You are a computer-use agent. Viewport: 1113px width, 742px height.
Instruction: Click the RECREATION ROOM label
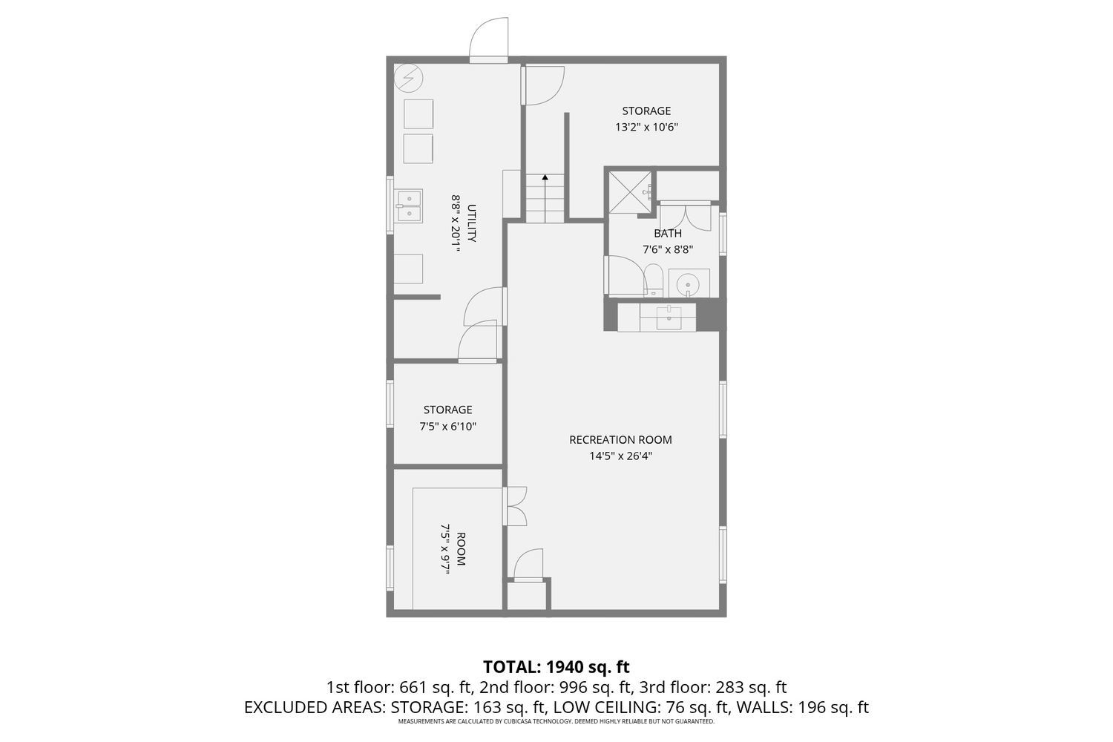point(620,439)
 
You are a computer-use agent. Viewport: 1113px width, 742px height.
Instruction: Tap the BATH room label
point(668,233)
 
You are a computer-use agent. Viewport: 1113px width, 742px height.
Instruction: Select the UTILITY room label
point(471,223)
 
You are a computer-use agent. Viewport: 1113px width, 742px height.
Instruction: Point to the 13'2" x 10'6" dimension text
point(646,127)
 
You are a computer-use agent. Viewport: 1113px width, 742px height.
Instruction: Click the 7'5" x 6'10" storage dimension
point(447,427)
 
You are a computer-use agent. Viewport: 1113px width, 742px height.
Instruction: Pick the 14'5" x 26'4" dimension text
point(620,456)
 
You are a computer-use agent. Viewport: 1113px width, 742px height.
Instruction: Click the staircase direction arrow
point(545,198)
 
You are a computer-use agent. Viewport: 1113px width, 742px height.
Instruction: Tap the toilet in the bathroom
point(654,280)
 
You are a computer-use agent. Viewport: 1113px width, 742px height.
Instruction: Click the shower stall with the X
point(630,192)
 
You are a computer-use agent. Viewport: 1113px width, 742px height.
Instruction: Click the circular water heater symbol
point(408,78)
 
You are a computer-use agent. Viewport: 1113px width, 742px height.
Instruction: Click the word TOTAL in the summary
point(511,666)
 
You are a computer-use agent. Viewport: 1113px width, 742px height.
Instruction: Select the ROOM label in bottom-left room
point(461,549)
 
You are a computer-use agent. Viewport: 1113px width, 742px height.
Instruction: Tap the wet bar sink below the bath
point(669,317)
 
